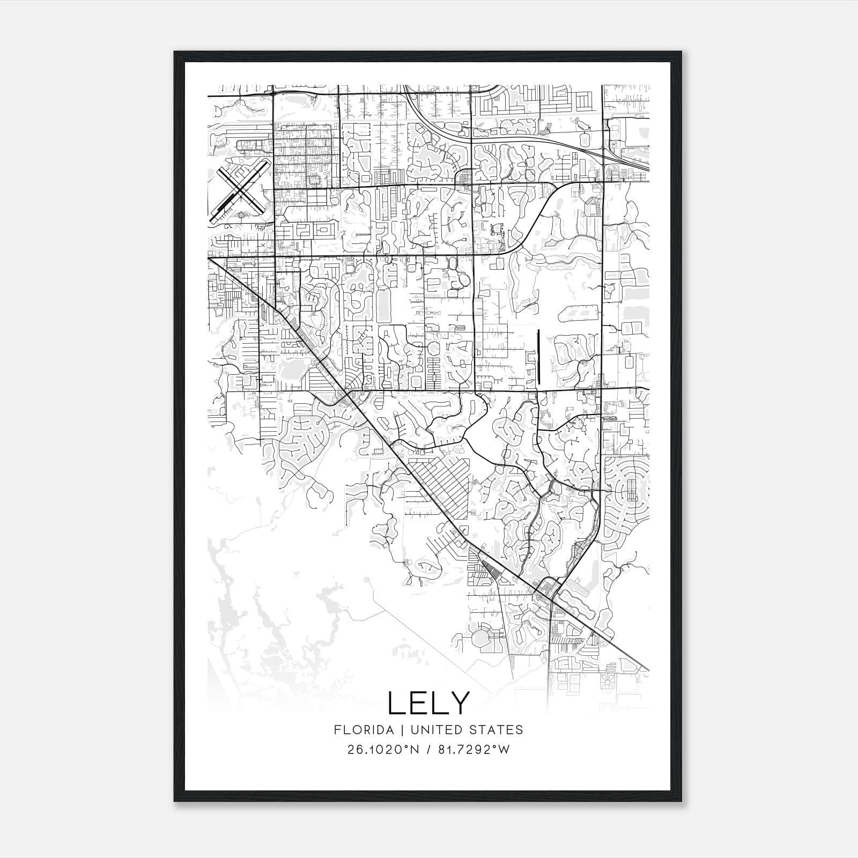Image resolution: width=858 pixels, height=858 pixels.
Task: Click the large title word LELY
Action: click(428, 703)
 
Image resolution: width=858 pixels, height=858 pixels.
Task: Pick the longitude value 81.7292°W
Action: click(472, 750)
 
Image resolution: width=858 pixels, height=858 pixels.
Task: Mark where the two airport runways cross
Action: click(239, 192)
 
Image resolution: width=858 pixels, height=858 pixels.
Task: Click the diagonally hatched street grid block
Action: click(440, 483)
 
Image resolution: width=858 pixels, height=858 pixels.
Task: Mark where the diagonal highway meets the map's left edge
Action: click(209, 258)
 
